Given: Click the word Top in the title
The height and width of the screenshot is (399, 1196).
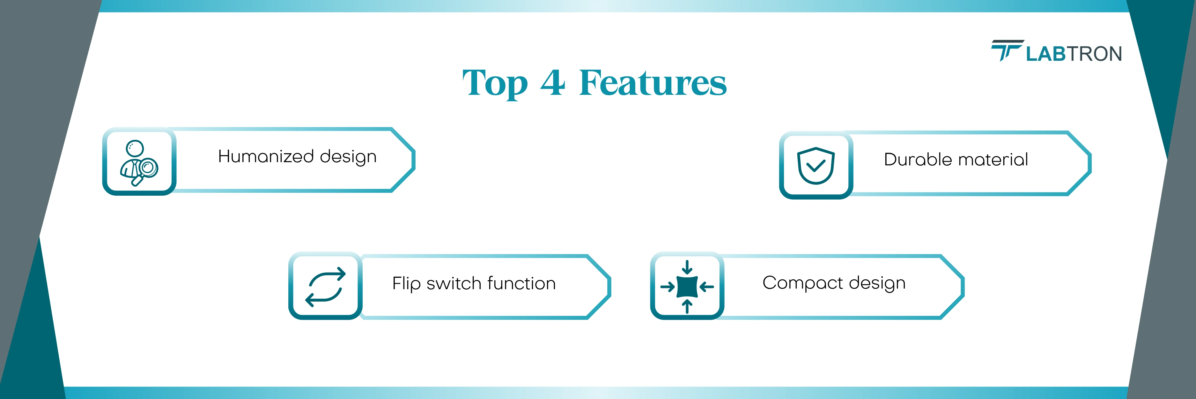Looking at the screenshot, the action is [495, 84].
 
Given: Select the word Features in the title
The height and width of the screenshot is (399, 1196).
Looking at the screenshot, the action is [653, 82].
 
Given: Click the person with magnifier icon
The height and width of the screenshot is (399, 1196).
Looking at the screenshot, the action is [139, 162].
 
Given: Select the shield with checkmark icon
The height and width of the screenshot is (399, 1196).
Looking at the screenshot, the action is [816, 165].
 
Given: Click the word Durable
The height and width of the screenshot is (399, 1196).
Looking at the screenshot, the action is [918, 159].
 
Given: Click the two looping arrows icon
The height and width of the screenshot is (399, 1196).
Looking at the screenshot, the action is [325, 287].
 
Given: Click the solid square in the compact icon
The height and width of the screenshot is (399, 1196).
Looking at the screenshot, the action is [687, 287].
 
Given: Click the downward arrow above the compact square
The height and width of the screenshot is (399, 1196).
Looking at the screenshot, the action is [687, 267].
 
